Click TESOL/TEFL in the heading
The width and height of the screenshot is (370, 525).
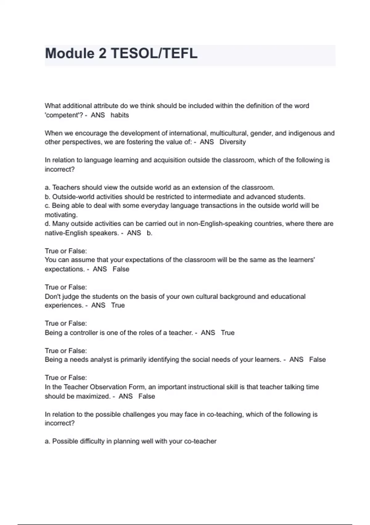[x=154, y=53]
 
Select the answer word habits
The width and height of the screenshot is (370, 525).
[x=120, y=115]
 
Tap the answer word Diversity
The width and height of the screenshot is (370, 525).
[x=232, y=142]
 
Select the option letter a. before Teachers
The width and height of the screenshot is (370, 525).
[x=47, y=187]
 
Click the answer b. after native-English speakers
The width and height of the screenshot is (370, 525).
[x=150, y=233]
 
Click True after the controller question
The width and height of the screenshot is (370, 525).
[x=228, y=333]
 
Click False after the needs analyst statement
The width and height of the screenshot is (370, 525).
[x=317, y=359]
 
